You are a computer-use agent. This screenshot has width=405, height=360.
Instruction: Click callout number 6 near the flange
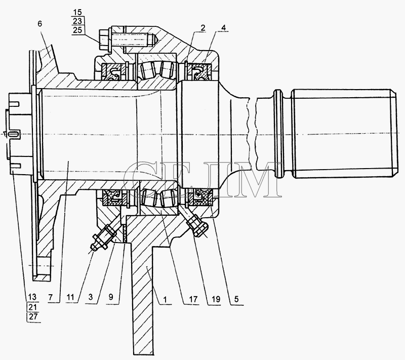click(x=39, y=24)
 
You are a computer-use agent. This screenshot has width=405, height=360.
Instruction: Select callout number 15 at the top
click(x=77, y=12)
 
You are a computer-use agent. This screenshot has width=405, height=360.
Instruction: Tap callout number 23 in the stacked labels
click(x=77, y=21)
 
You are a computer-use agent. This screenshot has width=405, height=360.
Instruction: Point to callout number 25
click(x=77, y=30)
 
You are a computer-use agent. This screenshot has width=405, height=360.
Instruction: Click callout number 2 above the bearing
click(x=203, y=28)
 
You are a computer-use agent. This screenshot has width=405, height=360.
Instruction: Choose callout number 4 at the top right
click(x=224, y=27)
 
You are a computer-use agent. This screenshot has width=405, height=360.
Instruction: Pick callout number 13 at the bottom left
click(x=33, y=297)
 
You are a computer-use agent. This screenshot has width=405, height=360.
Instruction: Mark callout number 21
click(x=33, y=307)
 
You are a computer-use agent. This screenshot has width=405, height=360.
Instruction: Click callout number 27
click(x=33, y=316)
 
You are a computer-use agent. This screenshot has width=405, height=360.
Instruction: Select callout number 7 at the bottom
click(x=51, y=297)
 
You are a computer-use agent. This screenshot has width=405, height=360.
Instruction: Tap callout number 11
click(x=70, y=297)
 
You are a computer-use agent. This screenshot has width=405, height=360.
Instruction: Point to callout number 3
click(x=91, y=297)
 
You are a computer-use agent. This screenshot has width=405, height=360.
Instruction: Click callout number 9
click(x=110, y=297)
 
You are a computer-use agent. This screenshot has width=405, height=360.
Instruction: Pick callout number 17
click(x=193, y=299)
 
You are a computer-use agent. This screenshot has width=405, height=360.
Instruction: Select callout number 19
click(x=216, y=299)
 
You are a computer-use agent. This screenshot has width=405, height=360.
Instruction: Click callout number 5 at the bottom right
click(x=236, y=299)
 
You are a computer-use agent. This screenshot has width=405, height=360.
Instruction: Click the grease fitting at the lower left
click(x=103, y=237)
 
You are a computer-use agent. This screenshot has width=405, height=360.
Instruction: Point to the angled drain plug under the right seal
click(x=197, y=224)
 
